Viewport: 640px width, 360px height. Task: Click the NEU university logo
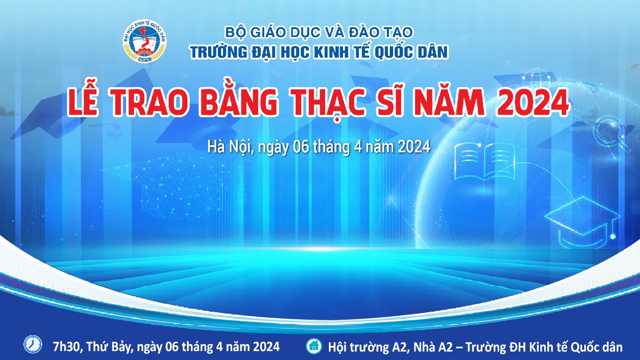145,42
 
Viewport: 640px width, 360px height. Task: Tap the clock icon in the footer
33,344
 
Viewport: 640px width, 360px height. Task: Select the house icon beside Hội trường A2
314,346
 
